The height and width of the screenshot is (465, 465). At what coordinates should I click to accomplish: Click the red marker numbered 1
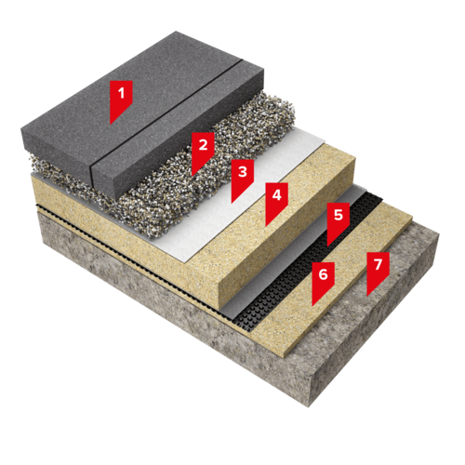pos(121,99)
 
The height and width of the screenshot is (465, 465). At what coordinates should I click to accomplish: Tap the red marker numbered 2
pos(203,151)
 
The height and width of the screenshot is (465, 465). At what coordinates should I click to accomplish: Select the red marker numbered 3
pos(243,178)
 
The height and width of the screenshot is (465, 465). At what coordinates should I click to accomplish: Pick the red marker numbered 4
pos(276,201)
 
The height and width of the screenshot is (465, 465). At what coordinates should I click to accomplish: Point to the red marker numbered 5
pos(339,220)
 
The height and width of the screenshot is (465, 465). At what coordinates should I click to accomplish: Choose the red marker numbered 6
pos(323,280)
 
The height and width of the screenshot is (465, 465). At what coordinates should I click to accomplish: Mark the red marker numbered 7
pos(378,271)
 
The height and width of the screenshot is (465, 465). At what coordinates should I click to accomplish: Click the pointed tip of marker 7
pos(367,296)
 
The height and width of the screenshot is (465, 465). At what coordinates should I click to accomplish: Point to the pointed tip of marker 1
pos(111,124)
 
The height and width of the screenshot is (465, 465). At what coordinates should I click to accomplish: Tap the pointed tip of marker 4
pos(266,226)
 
